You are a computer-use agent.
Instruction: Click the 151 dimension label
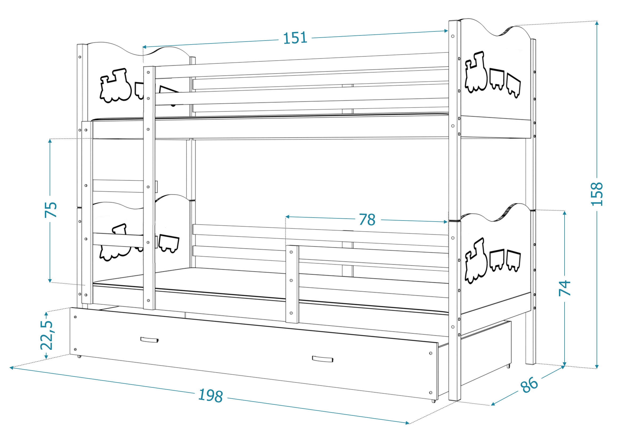(x=295, y=38)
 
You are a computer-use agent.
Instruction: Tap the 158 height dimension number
(x=597, y=194)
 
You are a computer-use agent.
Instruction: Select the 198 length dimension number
(x=211, y=395)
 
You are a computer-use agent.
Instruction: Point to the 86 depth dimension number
(x=529, y=385)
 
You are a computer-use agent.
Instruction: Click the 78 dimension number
(x=367, y=219)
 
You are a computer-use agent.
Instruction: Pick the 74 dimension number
(x=565, y=288)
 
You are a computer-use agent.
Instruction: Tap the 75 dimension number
(x=51, y=210)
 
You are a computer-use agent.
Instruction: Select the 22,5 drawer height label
(x=47, y=335)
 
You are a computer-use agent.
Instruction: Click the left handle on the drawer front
(x=149, y=340)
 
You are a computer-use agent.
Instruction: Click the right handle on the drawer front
(x=322, y=359)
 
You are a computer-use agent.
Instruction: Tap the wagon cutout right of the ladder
(x=169, y=243)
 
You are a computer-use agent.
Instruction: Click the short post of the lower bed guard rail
(x=292, y=284)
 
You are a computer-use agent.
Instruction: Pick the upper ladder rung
(x=118, y=186)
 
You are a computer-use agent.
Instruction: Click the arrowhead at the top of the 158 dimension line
(x=597, y=23)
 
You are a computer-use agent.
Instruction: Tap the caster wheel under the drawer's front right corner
(x=433, y=401)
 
